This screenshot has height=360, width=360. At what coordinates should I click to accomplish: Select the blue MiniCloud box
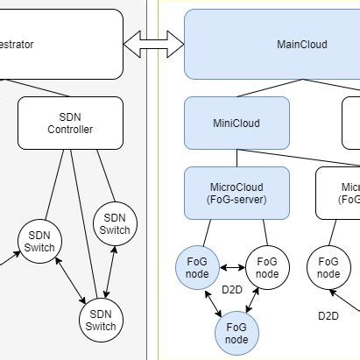[x=236, y=123]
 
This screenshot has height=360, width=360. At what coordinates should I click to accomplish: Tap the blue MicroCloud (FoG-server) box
[x=236, y=194]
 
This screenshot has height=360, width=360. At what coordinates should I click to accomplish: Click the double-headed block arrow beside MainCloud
[x=153, y=41]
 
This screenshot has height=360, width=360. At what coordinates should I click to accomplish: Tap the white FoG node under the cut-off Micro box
[x=328, y=267]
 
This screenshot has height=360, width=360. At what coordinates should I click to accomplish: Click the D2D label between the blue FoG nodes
[x=231, y=290]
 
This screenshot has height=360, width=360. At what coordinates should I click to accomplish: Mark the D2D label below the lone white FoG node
[x=328, y=315]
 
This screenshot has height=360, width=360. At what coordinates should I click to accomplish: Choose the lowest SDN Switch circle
[x=101, y=320]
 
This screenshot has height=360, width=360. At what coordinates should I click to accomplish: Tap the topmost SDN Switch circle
[x=115, y=223]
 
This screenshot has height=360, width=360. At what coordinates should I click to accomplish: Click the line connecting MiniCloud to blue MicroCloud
[x=236, y=158]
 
